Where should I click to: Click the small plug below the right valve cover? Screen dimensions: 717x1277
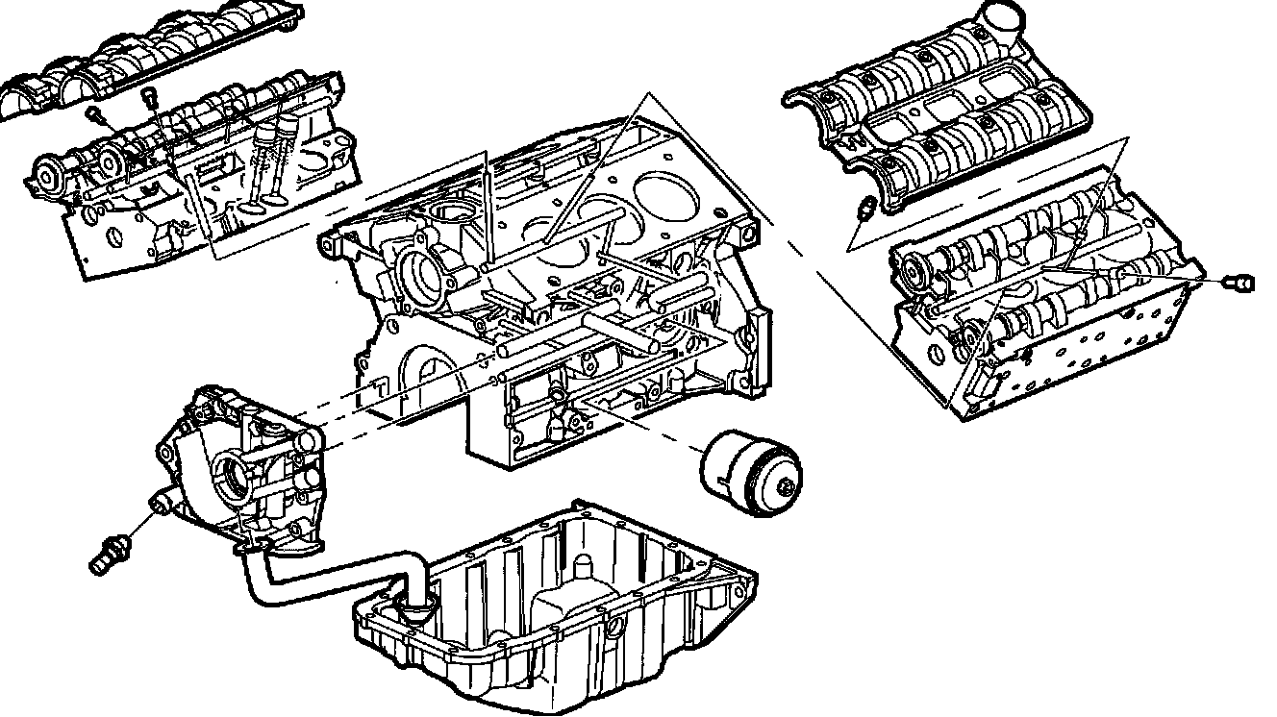click(864, 206)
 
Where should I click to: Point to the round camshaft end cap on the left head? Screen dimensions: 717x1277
click(47, 176)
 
